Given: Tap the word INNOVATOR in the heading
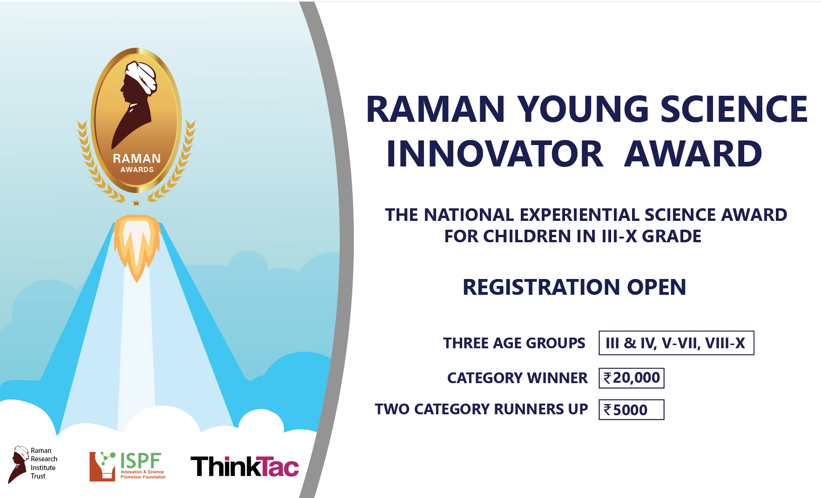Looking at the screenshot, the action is [495, 154].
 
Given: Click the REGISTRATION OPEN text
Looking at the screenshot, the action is [574, 287].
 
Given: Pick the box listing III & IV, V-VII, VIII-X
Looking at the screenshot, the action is [676, 343].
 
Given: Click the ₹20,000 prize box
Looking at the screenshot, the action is [632, 378].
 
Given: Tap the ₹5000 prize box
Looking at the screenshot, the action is [632, 410].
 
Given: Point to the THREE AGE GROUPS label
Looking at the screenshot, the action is [514, 343].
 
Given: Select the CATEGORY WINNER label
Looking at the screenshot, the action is [517, 378].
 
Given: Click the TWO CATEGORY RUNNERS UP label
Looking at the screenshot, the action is [481, 409].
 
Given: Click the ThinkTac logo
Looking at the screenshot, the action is [245, 466].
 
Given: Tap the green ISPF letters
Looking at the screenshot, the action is [141, 461].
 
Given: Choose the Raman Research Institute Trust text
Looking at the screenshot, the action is [44, 463].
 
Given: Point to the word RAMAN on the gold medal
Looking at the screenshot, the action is [137, 159].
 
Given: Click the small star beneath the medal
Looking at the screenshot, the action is [136, 202].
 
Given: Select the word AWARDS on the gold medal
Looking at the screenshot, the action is [137, 170].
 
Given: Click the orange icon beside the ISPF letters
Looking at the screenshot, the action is [102, 466].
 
